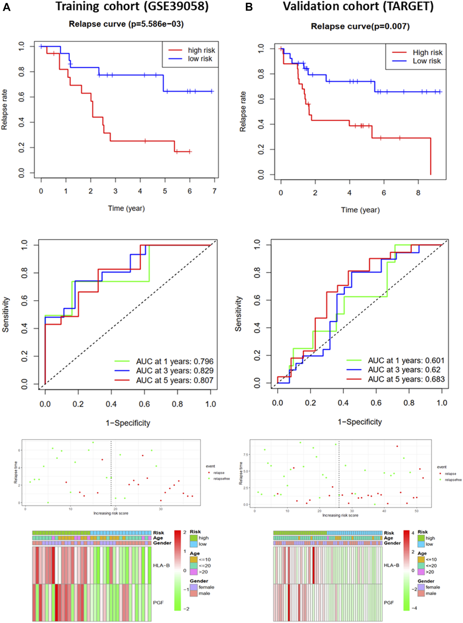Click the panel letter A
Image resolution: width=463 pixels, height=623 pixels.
tap(6, 7)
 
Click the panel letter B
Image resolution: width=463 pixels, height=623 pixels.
tap(249, 7)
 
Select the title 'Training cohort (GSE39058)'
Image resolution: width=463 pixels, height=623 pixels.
tap(132, 6)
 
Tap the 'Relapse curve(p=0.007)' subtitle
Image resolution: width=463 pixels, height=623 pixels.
tap(360, 27)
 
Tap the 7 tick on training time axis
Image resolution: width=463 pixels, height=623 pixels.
tap(214, 191)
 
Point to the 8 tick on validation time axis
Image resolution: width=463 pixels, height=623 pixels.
tap(418, 193)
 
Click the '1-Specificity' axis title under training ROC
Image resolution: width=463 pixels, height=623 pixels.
tap(128, 423)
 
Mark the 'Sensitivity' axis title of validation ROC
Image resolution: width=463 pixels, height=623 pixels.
tap(238, 314)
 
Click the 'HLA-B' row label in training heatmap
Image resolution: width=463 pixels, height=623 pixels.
tap(161, 565)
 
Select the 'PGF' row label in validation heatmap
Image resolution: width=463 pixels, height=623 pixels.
tap(388, 602)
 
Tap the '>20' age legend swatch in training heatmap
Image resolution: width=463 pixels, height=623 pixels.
tap(193, 572)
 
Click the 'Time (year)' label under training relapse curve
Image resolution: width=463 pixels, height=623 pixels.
tap(126, 208)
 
